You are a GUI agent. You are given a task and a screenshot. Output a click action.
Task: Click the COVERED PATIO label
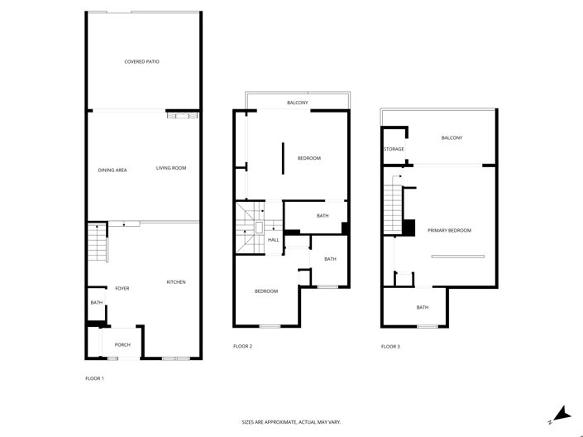coord(141,61)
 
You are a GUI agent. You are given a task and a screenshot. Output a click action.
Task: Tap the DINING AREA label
coord(112,170)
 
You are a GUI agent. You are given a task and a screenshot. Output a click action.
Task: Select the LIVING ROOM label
coord(171,168)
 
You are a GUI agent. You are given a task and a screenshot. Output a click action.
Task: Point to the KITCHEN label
coord(176,282)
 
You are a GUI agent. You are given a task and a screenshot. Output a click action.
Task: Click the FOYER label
coord(122,288)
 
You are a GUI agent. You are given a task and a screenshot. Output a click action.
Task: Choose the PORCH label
coord(122,344)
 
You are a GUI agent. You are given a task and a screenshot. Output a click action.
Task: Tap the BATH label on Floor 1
coord(96,303)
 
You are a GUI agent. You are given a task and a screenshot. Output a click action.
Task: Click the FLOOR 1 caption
coord(94,378)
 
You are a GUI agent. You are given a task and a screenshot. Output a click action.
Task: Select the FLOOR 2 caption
coord(242,346)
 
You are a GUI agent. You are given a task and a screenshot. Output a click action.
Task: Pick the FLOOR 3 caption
coord(390,346)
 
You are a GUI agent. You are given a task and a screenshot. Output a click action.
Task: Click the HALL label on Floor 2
coord(273,240)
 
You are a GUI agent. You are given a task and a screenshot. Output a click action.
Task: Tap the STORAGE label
coord(394,149)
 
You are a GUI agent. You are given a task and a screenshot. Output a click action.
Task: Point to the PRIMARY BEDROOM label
coord(449,230)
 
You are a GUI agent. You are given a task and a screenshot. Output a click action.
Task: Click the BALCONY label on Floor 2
coord(298,103)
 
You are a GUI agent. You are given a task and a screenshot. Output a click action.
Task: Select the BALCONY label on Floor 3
coord(452,137)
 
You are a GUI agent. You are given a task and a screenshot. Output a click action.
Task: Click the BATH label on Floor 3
coord(423,308)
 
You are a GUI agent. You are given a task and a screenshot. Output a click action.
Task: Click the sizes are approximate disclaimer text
coord(291,422)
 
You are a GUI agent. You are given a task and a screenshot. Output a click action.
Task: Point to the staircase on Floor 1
coord(98,243)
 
